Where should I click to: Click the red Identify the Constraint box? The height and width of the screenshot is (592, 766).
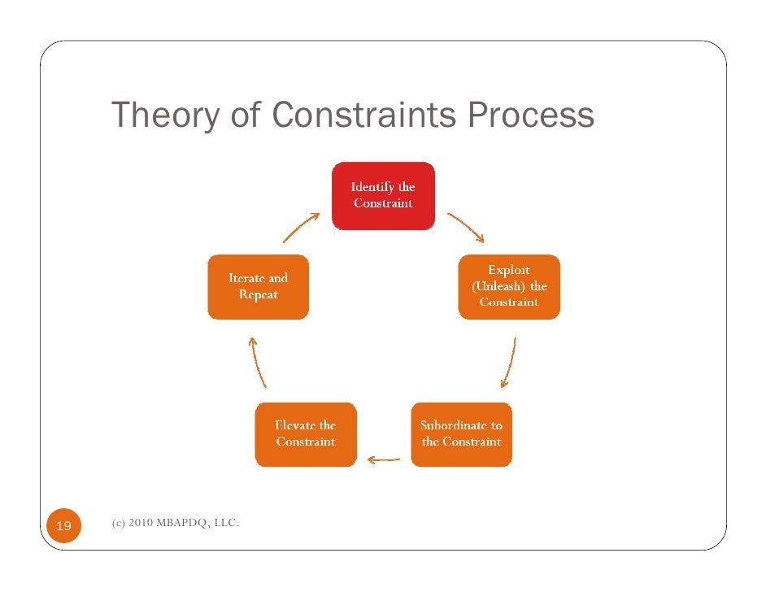click(x=383, y=195)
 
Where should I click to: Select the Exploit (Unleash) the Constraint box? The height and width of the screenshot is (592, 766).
click(x=509, y=286)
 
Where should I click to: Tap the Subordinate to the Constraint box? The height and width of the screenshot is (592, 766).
click(x=461, y=433)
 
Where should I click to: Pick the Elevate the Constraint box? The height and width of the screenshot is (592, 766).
click(x=305, y=433)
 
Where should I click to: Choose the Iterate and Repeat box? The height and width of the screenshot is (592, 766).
click(x=258, y=286)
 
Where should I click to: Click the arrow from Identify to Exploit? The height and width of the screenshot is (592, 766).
click(x=466, y=228)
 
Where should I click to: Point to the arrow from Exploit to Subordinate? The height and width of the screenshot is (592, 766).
click(x=508, y=363)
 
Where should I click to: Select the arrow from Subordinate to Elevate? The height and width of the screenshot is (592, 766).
click(x=383, y=459)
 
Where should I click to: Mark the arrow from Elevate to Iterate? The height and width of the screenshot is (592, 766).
click(x=258, y=362)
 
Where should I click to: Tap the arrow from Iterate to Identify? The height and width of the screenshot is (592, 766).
click(x=301, y=227)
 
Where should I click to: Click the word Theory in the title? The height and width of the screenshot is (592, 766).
click(x=165, y=116)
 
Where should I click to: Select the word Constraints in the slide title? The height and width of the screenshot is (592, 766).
click(x=365, y=115)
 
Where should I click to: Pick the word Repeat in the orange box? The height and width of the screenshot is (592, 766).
click(x=258, y=294)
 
